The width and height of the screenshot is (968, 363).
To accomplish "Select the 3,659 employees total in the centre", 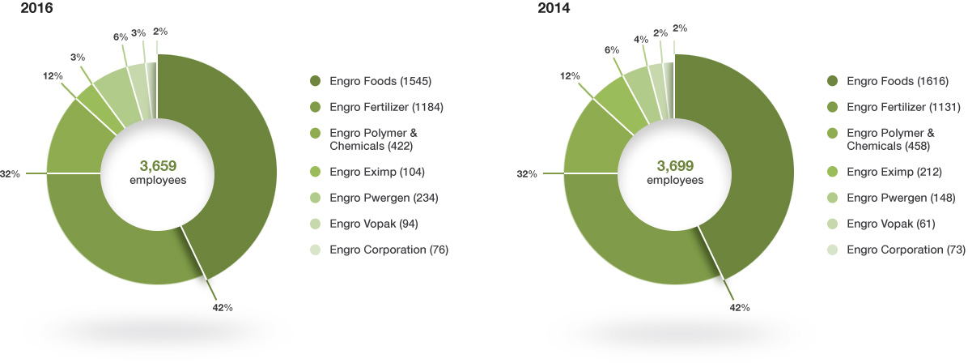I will point(158,172).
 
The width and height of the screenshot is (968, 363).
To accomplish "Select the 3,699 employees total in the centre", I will point(675,172).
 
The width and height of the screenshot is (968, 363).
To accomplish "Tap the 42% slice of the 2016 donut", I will point(235,162).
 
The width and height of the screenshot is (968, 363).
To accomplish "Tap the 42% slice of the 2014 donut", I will point(753,162).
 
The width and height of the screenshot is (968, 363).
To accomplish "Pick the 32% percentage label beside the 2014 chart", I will point(526,173).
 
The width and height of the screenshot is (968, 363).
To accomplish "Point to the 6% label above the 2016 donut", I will point(121,36).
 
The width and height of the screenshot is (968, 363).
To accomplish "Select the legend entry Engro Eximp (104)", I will point(377,172).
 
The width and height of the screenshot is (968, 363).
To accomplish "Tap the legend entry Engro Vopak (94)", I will point(374,224).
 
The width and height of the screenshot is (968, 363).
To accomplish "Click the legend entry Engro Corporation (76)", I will point(388,250).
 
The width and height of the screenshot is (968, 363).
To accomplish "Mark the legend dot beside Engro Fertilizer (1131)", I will point(832,107).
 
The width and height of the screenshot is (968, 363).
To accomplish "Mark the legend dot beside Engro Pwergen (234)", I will point(314,198).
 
